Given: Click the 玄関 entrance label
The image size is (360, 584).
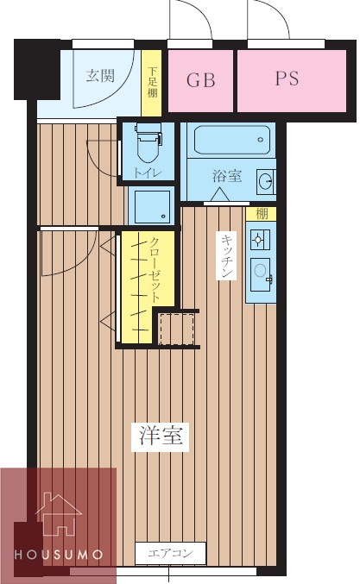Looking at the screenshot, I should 100,75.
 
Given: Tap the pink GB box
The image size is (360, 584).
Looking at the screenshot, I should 200,79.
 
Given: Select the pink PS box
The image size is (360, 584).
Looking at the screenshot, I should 287,78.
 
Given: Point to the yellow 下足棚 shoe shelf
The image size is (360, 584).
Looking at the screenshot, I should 152,83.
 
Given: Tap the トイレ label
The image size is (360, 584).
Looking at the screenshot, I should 148,173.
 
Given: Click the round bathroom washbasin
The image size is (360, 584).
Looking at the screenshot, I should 266,181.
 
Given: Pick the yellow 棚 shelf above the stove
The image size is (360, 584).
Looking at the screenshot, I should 261,214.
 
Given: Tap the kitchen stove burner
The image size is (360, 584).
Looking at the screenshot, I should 258,236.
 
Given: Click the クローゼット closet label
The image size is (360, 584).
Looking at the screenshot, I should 155,268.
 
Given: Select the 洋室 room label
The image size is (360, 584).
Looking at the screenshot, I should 160,436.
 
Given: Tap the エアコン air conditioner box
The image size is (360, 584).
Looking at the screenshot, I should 171,552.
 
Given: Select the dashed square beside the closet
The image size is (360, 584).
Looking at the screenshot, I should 179,328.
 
